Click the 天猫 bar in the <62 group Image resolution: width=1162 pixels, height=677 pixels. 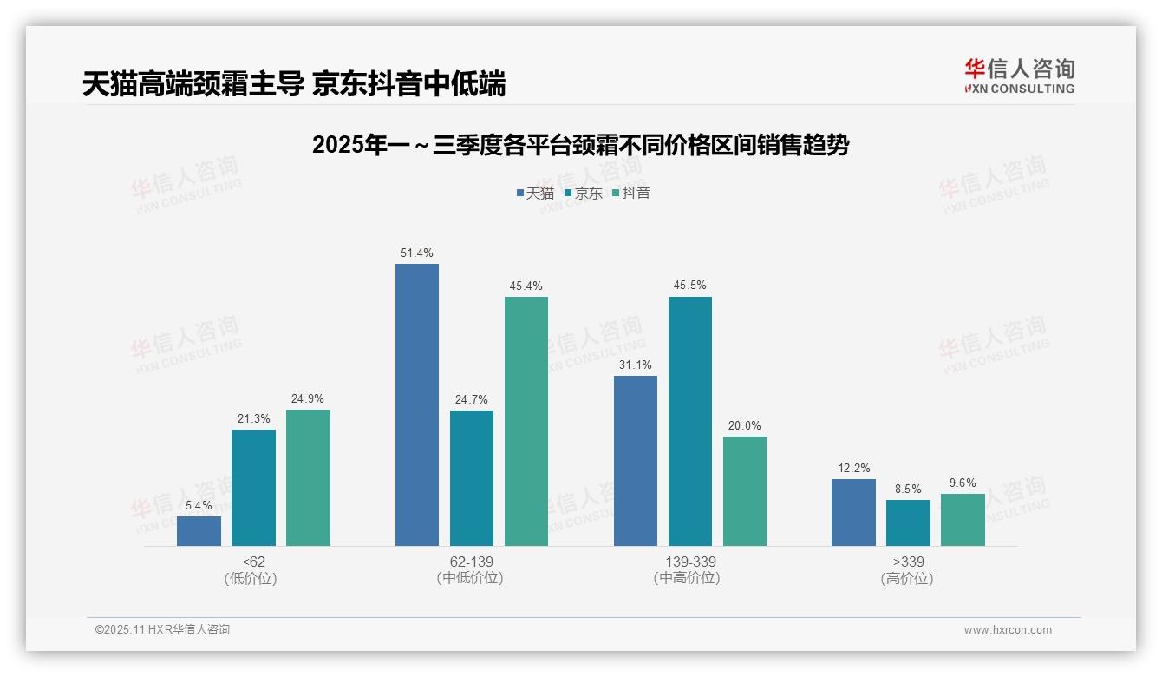click(199, 531)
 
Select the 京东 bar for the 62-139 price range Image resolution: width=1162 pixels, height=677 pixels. click(472, 478)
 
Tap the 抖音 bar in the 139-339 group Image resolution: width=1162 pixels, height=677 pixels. click(745, 491)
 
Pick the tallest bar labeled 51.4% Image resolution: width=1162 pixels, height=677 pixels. click(417, 404)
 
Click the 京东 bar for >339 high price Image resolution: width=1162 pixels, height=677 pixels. click(908, 523)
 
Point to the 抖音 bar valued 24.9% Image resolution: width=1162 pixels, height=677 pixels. click(308, 477)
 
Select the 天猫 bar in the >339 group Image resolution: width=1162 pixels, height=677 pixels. click(853, 512)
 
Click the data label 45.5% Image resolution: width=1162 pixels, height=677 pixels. click(689, 285)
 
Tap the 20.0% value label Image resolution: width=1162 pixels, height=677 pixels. click(745, 425)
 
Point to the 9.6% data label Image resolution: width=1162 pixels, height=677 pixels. click(963, 483)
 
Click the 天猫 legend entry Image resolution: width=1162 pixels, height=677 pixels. click(535, 193)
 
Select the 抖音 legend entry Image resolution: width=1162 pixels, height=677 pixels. click(630, 193)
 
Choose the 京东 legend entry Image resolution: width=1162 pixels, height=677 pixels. click(583, 193)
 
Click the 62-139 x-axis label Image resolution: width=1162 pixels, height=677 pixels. click(472, 562)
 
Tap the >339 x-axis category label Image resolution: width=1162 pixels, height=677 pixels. click(908, 562)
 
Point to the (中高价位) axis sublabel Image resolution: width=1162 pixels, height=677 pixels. click(689, 578)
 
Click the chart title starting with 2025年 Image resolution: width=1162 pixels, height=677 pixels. click(580, 145)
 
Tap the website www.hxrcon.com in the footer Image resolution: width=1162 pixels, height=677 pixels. click(1008, 630)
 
